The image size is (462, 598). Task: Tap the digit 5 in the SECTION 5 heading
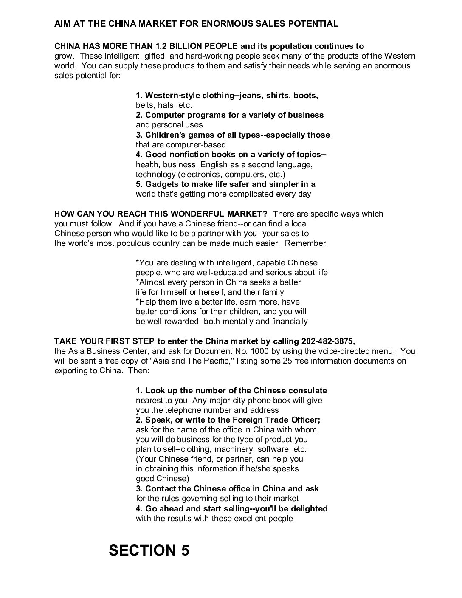(185, 550)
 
